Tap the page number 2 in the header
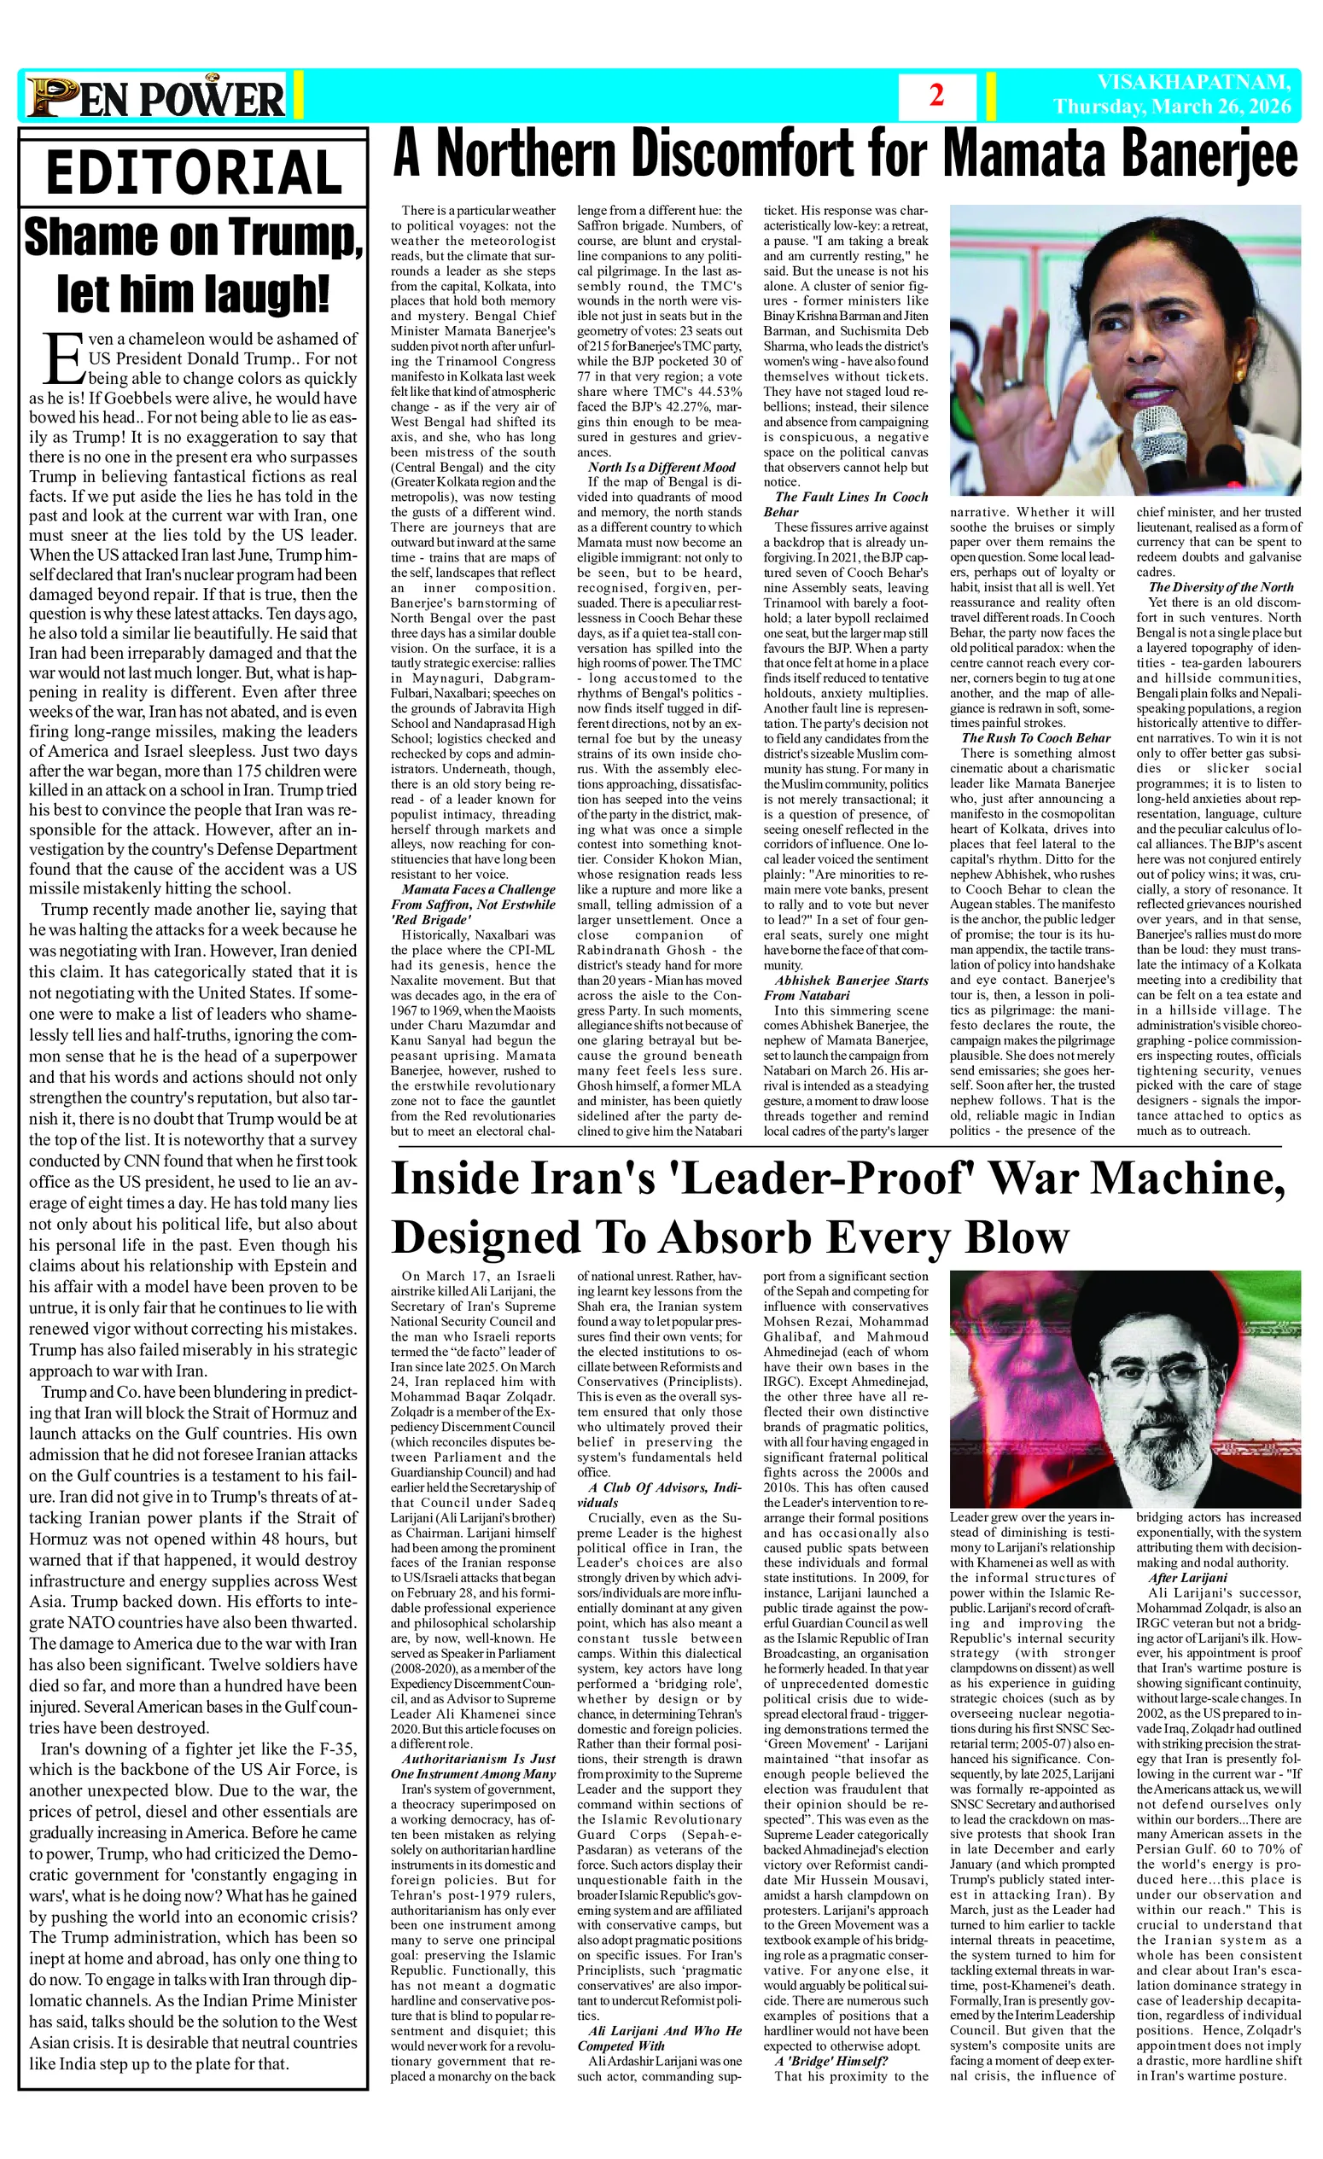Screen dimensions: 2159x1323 pyautogui.click(x=936, y=96)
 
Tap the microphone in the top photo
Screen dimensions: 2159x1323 pyautogui.click(x=1157, y=438)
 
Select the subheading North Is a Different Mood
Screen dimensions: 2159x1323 pyautogui.click(x=661, y=468)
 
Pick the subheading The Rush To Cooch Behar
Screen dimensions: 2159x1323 pyautogui.click(x=1035, y=738)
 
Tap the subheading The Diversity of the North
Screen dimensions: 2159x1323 pyautogui.click(x=1221, y=587)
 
